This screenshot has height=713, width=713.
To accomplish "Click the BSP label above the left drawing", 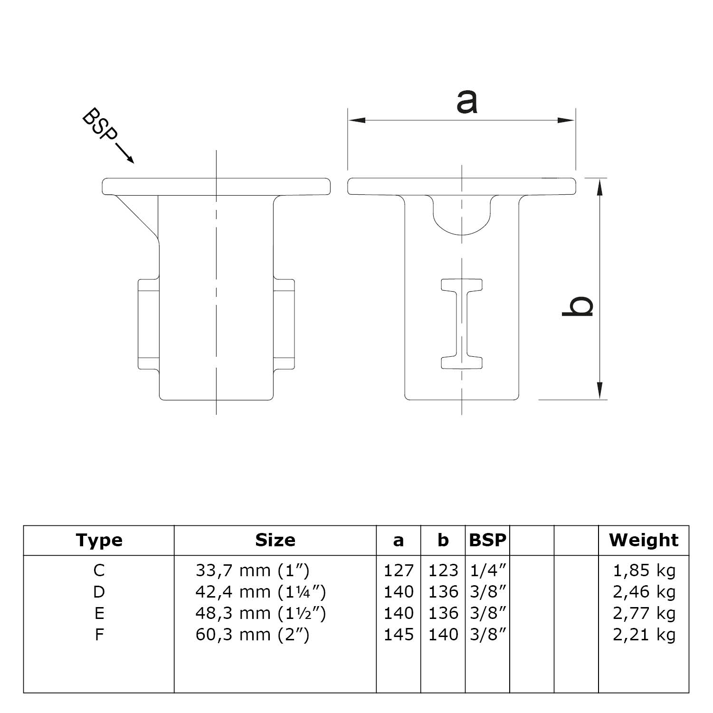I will click(x=99, y=125).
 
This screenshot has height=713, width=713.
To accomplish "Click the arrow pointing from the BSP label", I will click(x=124, y=154).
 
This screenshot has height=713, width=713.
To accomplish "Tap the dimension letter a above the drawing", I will click(x=466, y=102).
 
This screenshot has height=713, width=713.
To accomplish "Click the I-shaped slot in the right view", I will click(x=462, y=323).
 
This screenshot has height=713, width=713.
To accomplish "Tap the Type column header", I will click(x=99, y=540).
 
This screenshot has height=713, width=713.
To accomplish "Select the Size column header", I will click(x=275, y=540).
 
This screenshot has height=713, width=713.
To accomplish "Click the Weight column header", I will click(x=644, y=540).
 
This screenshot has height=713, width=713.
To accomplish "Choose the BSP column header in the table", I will click(x=487, y=540).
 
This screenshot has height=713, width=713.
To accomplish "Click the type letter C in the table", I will click(x=99, y=570).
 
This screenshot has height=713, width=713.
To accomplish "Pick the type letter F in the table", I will click(x=99, y=635).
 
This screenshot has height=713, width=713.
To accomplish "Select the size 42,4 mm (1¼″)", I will click(x=260, y=592).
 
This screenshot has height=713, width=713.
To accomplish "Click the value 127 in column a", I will click(x=399, y=570).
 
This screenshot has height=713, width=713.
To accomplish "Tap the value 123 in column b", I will click(x=443, y=570).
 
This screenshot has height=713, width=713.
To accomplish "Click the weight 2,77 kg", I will click(x=644, y=613).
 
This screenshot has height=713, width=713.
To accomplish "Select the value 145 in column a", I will click(x=399, y=635).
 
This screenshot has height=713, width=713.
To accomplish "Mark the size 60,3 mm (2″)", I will click(x=252, y=635).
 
